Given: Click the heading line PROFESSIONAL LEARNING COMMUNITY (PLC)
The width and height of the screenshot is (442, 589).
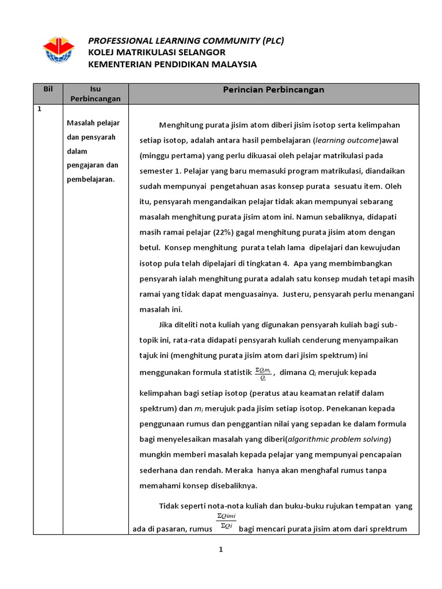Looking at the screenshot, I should point(185,40).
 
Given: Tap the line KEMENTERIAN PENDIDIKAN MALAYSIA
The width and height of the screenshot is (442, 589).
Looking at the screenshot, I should point(172,64).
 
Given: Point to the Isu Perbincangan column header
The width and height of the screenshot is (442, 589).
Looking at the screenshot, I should point(96,94).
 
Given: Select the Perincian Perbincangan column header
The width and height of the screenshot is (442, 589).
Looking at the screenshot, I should point(273,90).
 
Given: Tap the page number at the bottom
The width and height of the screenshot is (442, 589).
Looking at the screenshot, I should point(220,549).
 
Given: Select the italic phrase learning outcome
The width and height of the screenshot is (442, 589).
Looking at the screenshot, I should point(346,140).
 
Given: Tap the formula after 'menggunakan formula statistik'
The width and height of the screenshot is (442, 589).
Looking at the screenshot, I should point(264,373).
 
